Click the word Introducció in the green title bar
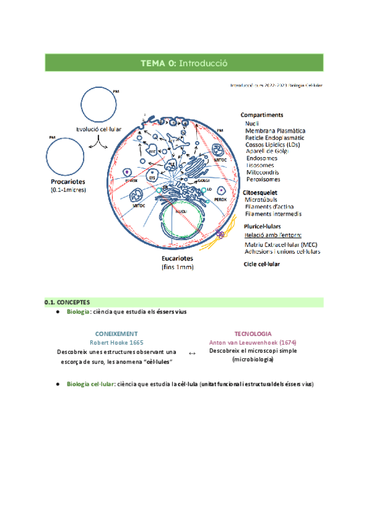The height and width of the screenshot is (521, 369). [204, 62]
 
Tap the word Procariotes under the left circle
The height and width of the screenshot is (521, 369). [68, 182]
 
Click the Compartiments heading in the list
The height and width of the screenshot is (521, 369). [262, 115]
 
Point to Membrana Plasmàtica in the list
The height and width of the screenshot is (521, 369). [275, 131]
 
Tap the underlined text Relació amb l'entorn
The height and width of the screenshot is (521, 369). [272, 235]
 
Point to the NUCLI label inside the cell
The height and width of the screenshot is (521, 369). [180, 211]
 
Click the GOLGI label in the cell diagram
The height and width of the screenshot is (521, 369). [205, 181]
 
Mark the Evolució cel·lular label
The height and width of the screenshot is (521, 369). [98, 130]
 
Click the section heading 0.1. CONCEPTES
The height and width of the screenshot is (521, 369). [68, 302]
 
